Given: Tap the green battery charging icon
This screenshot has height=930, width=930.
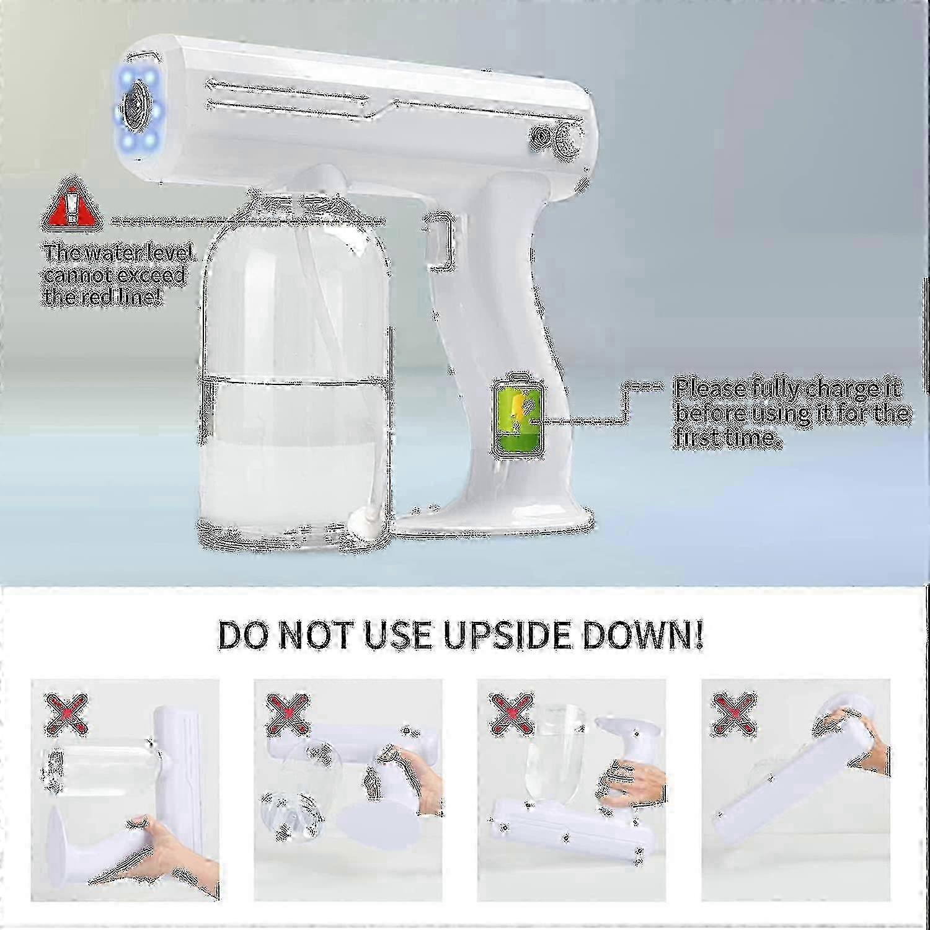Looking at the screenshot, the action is [516, 416].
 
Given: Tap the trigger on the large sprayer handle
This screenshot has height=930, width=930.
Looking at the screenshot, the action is [439, 242].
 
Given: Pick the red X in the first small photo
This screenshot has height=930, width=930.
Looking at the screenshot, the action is [66, 712].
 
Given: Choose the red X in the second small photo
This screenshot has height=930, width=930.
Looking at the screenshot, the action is [289, 712].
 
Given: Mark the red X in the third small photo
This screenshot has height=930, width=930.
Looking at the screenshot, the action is [512, 712].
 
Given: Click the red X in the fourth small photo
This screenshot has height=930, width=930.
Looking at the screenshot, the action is [735, 712].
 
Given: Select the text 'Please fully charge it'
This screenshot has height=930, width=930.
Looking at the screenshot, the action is [787, 389].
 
